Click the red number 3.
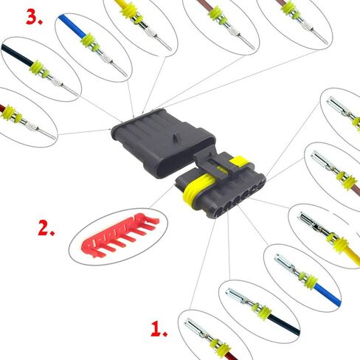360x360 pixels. point(34,18)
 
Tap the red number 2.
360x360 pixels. point(46,228)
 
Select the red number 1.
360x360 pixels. point(159,329)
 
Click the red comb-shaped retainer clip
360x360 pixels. point(120,235)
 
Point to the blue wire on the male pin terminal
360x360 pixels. point(72,26)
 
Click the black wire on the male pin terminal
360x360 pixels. point(17,55)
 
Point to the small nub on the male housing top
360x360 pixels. point(174,137)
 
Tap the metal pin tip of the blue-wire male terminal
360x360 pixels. point(120,69)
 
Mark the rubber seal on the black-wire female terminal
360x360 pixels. point(263,312)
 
